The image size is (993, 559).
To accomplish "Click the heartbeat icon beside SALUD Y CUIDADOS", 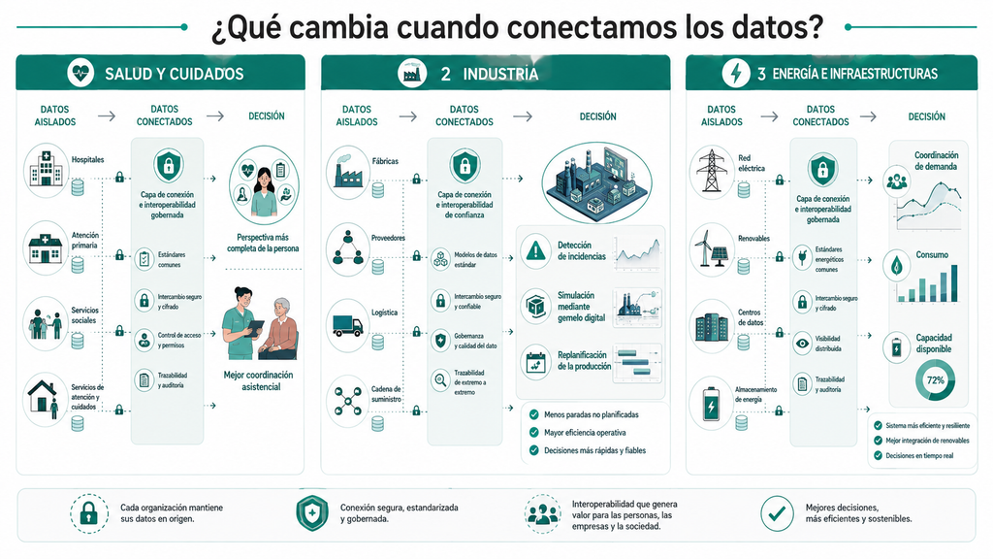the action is [x=80, y=74].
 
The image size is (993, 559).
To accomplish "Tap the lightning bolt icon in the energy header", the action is [x=735, y=74].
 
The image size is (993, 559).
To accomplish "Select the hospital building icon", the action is [x=47, y=168].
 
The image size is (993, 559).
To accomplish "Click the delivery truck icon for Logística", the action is [x=348, y=326].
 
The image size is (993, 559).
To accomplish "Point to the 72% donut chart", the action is [x=936, y=380].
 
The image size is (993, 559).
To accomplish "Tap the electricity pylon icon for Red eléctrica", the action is [x=711, y=171].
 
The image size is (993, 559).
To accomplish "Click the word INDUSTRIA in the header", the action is [x=500, y=74].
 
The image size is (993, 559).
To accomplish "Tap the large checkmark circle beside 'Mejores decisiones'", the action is [x=777, y=513].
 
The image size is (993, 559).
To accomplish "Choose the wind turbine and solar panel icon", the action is [x=711, y=249].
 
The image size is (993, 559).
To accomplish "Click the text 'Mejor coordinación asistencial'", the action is [x=259, y=380].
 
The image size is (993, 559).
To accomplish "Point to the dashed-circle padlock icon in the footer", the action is [x=88, y=513].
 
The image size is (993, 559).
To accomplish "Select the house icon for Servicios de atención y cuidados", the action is [x=44, y=399].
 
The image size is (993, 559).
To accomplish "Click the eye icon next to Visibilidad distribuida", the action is [x=802, y=344].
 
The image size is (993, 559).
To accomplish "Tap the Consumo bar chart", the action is [x=927, y=283].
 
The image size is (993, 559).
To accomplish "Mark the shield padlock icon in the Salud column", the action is [x=168, y=166].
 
